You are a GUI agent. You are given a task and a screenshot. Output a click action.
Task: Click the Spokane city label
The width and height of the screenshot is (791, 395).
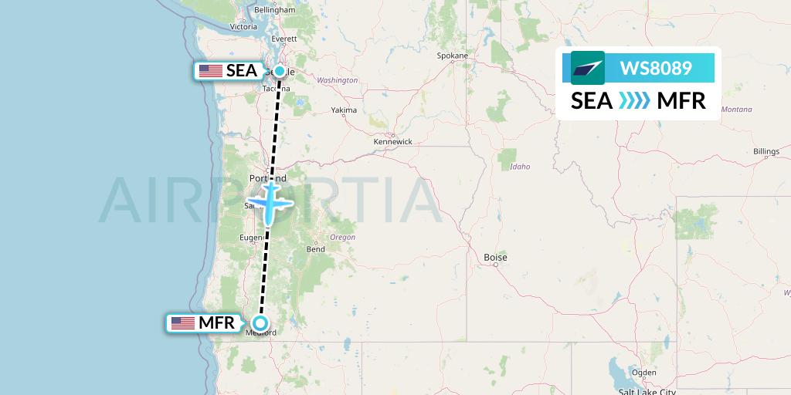pyautogui.click(x=453, y=56)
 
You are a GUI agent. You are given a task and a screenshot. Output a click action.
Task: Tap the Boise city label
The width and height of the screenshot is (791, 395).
pyautogui.click(x=494, y=257)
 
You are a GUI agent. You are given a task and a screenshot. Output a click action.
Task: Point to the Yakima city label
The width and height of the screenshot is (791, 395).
pyautogui.click(x=344, y=110)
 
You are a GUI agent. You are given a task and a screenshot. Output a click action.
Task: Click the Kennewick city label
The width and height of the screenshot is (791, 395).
pyautogui.click(x=392, y=142)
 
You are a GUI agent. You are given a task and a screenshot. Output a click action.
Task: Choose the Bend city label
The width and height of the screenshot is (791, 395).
pyautogui.click(x=315, y=249)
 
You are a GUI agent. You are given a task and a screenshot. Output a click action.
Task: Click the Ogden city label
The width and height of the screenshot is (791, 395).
pyautogui.click(x=643, y=373)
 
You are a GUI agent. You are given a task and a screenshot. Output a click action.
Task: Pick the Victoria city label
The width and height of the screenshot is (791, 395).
pyautogui.click(x=243, y=26)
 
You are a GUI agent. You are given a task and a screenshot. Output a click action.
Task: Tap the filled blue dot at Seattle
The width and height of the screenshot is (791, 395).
pyautogui.click(x=279, y=71)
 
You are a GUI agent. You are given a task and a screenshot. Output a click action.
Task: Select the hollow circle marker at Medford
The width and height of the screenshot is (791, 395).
pyautogui.click(x=261, y=323)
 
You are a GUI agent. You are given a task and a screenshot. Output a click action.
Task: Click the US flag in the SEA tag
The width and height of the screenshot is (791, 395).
pyautogui.click(x=210, y=71)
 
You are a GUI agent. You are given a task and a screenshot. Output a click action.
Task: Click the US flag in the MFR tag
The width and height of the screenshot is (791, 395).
pyautogui.click(x=183, y=323)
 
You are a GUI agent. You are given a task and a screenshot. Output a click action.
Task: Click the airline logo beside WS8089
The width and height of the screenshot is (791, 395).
pyautogui.click(x=588, y=68)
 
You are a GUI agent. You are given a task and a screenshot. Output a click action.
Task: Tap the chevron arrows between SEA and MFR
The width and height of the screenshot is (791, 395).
pyautogui.click(x=635, y=101)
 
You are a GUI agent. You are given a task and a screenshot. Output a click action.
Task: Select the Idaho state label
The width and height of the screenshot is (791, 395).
pyautogui.click(x=520, y=167)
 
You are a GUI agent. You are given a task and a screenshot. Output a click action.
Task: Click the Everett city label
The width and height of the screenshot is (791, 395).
pyautogui.click(x=284, y=38)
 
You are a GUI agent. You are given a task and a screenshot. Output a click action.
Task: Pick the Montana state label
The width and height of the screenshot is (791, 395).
pyautogui.click(x=735, y=110)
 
